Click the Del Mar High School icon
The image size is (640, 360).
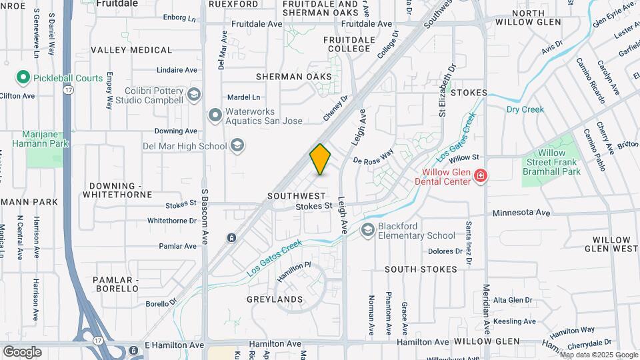(237, 145)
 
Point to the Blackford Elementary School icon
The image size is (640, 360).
(367, 230)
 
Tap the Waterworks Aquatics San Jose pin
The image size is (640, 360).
(215, 116)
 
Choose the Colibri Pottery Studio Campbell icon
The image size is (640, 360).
(194, 95)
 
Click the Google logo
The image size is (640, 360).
(22, 351)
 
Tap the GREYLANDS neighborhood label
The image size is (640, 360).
(275, 299)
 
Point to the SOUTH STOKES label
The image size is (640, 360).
(421, 269)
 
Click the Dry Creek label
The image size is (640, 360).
(525, 109)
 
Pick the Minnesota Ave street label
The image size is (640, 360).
(521, 213)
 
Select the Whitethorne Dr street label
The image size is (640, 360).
(172, 221)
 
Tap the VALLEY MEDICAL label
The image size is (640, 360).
(131, 50)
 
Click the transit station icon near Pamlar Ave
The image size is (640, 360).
(231, 237)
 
